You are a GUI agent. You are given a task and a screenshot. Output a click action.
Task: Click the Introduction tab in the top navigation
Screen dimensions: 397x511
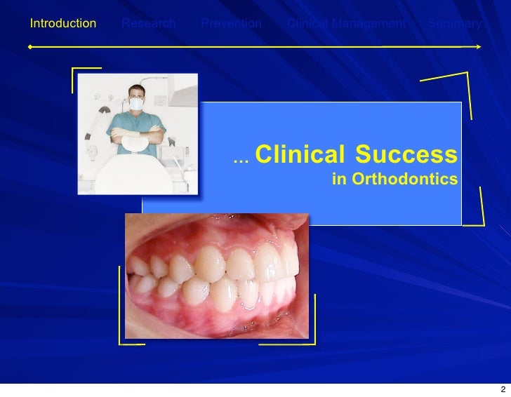(x=62, y=24)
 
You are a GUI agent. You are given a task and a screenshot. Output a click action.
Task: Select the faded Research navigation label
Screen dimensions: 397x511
(x=148, y=24)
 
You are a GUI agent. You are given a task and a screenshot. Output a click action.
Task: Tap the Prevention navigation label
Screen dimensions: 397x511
(x=231, y=24)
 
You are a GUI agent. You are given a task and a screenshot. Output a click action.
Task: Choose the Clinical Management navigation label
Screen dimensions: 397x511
(x=346, y=24)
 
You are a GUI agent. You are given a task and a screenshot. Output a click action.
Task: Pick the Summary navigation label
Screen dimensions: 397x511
(x=455, y=24)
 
